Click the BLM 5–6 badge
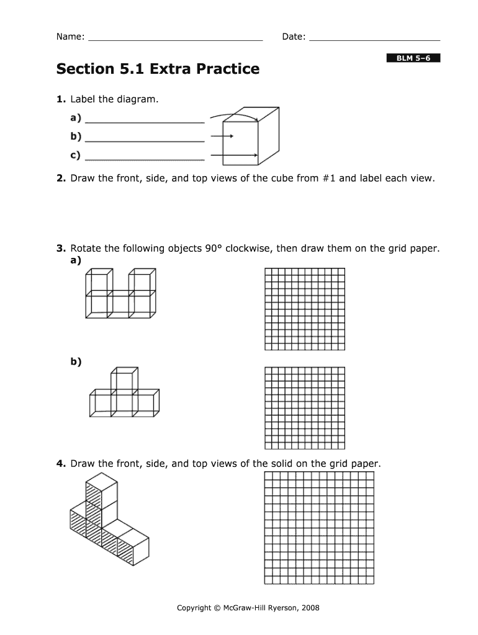pos(413,58)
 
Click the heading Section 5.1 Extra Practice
pos(158,69)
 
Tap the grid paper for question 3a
pos(304,309)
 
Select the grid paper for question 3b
pos(304,407)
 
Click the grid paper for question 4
pos(319,528)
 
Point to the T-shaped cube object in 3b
pos(124,393)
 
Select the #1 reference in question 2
pos(329,179)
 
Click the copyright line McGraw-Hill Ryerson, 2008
pos(248,608)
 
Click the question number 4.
pos(60,464)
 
